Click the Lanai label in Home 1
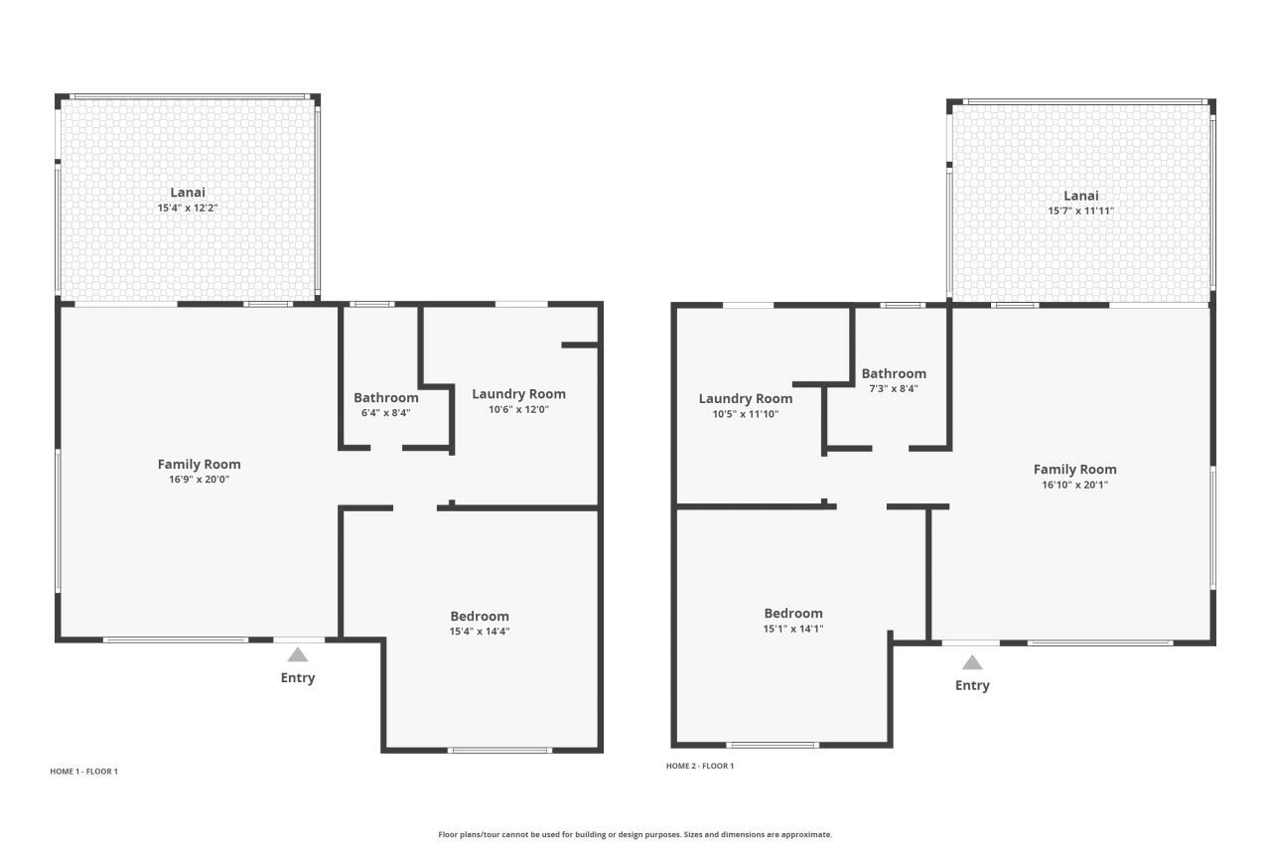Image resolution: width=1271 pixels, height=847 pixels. pyautogui.click(x=188, y=192)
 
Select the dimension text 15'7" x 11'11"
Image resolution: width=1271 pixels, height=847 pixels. pyautogui.click(x=1080, y=211)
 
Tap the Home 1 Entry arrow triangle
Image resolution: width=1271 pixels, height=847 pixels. pyautogui.click(x=298, y=654)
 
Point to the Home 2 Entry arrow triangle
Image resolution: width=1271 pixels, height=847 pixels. pyautogui.click(x=972, y=662)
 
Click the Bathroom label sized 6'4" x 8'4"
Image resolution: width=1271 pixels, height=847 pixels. pyautogui.click(x=385, y=397)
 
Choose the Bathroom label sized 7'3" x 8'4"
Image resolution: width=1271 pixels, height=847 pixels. pyautogui.click(x=894, y=373)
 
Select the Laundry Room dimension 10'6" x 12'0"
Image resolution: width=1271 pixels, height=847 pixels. pyautogui.click(x=518, y=409)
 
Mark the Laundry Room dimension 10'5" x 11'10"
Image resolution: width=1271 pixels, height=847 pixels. pyautogui.click(x=745, y=414)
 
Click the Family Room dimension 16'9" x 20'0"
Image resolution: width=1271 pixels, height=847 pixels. pyautogui.click(x=199, y=479)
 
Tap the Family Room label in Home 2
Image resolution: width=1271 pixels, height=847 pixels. pyautogui.click(x=1074, y=469)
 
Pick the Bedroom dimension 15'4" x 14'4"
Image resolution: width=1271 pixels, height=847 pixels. pyautogui.click(x=480, y=631)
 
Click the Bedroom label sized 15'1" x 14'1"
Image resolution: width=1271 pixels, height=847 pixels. pyautogui.click(x=793, y=613)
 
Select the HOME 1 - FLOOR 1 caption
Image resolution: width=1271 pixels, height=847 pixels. pyautogui.click(x=83, y=772)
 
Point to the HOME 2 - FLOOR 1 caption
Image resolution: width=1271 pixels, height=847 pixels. pyautogui.click(x=700, y=766)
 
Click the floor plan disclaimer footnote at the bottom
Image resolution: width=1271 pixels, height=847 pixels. pyautogui.click(x=635, y=834)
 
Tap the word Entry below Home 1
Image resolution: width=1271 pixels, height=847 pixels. pyautogui.click(x=298, y=677)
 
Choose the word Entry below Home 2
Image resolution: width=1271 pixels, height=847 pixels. pyautogui.click(x=972, y=685)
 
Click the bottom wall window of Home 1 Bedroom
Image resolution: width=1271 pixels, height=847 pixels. pyautogui.click(x=500, y=750)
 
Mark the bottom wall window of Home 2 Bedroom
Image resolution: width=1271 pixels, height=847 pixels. pyautogui.click(x=773, y=744)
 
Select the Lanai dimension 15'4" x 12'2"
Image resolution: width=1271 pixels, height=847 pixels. pyautogui.click(x=188, y=208)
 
